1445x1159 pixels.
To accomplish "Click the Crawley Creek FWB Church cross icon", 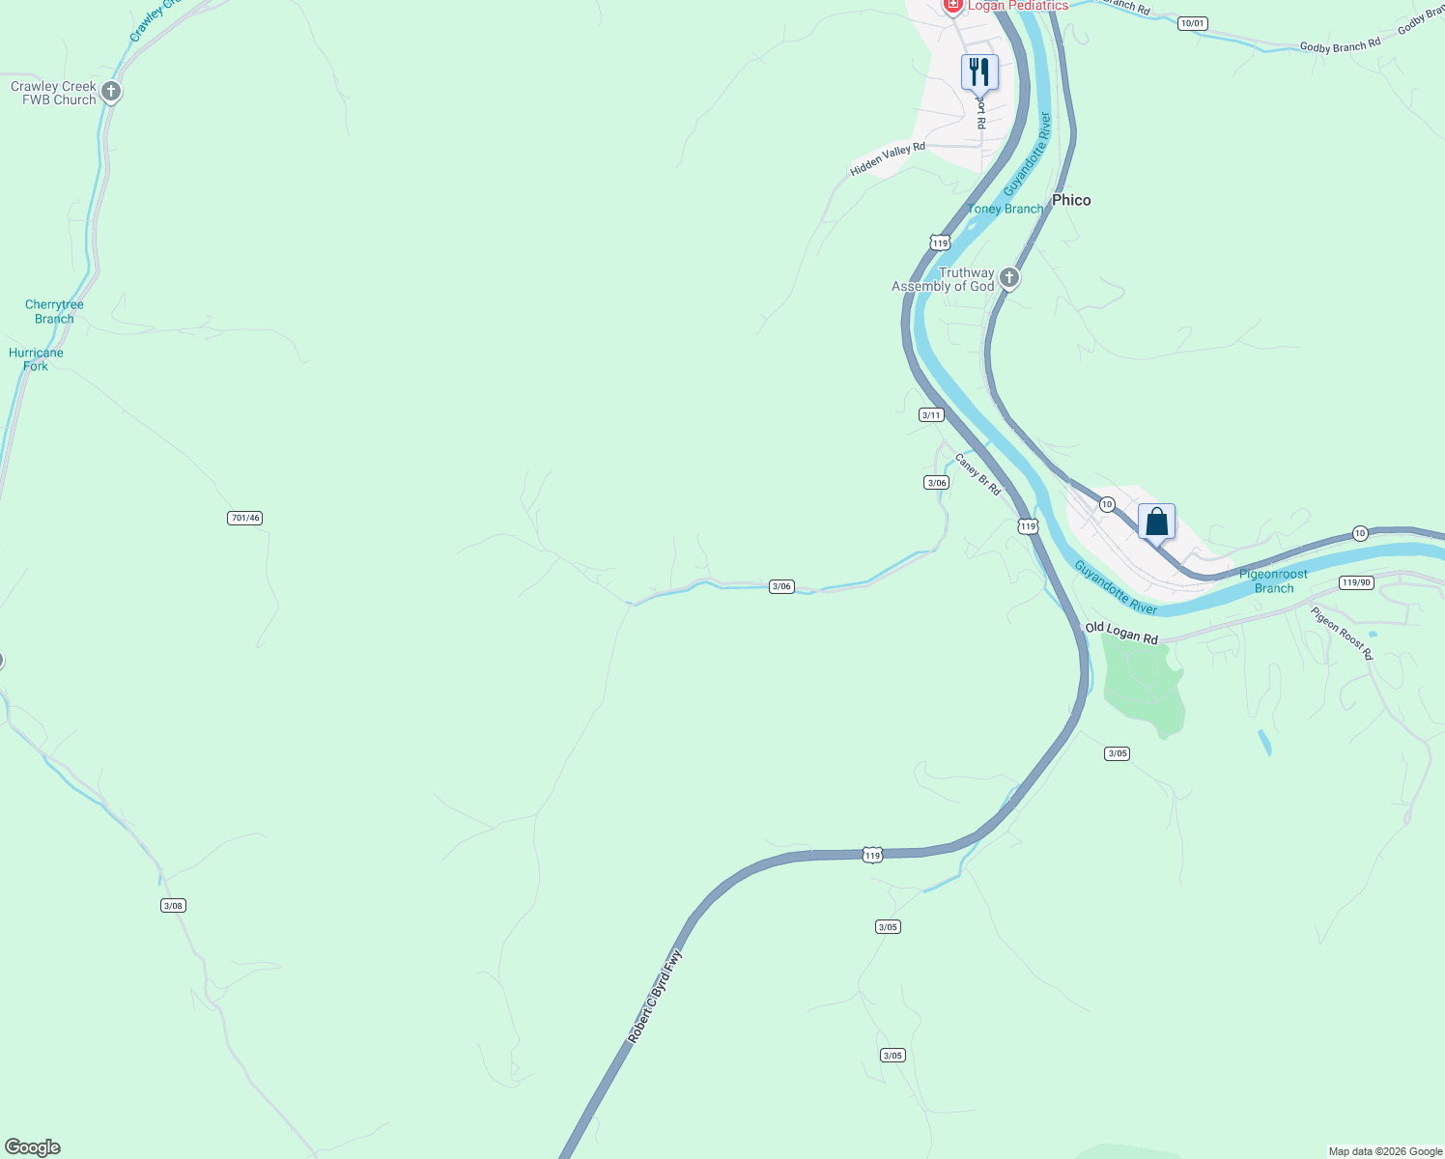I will click(x=111, y=93).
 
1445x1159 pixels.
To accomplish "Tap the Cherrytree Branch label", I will click(x=54, y=312).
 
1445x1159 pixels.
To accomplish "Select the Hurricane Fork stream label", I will click(x=36, y=359).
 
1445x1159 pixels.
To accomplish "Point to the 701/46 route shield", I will click(x=245, y=519).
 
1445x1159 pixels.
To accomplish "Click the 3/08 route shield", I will click(x=173, y=906).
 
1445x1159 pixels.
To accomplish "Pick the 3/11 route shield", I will click(x=931, y=415).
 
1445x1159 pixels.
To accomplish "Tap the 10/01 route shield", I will click(x=1193, y=23).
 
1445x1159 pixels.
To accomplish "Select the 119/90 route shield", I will click(x=1356, y=582).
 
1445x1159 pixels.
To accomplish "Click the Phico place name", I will click(x=1071, y=200).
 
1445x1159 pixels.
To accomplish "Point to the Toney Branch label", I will click(x=1006, y=209).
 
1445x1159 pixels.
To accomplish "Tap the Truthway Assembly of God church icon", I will click(x=1009, y=279).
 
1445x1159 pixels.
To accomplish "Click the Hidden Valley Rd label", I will click(x=888, y=159).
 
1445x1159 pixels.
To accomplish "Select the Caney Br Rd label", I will click(x=977, y=474).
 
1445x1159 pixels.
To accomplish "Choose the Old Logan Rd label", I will click(x=1121, y=634).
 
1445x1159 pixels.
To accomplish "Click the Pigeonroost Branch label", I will click(x=1273, y=580).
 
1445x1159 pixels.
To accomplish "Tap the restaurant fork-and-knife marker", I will click(x=979, y=71).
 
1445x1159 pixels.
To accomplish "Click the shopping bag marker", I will click(x=1156, y=523).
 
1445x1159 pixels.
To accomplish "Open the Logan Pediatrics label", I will click(x=1018, y=6).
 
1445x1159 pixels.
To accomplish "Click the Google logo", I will click(x=33, y=1147).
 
